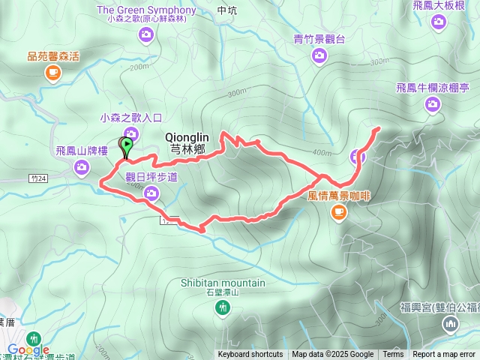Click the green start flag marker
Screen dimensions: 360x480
click(127, 145)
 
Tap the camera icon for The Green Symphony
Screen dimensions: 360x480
click(146, 33)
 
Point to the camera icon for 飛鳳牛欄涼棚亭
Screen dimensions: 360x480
click(432, 104)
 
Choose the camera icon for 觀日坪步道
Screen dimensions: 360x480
click(151, 194)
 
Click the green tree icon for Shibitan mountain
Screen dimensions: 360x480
click(223, 313)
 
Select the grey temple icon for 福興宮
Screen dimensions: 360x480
click(451, 324)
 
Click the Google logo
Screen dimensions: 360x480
click(28, 349)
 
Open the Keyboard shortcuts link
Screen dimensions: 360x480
click(250, 355)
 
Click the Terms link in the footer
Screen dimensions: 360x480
click(393, 355)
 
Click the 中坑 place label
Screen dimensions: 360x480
click(226, 11)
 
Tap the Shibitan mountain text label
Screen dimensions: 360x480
click(223, 283)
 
